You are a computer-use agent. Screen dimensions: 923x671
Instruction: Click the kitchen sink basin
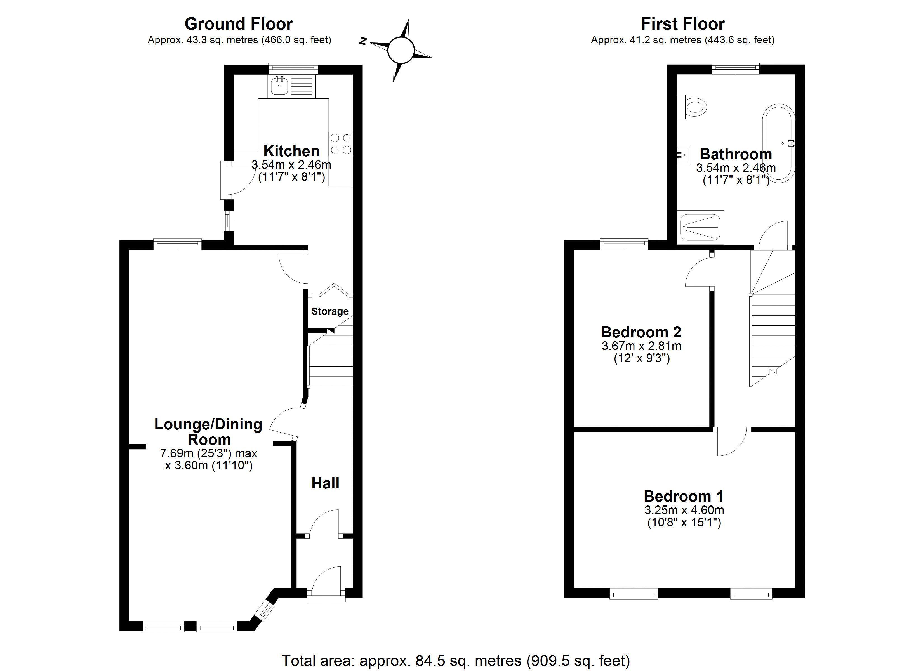[279, 86]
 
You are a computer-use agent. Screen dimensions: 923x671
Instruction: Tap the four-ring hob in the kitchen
[341, 144]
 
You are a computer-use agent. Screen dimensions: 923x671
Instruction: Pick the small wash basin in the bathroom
[683, 155]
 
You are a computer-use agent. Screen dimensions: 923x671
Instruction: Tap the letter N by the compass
[363, 41]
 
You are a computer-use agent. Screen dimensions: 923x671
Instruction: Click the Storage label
[330, 311]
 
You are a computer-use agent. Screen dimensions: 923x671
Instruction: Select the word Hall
[325, 483]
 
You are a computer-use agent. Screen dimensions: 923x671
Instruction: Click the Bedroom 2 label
[641, 332]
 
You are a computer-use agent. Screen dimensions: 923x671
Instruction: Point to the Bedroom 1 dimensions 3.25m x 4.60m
[684, 510]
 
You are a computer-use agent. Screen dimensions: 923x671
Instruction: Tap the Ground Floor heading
[239, 24]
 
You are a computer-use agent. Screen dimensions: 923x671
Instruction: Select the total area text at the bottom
[456, 660]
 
